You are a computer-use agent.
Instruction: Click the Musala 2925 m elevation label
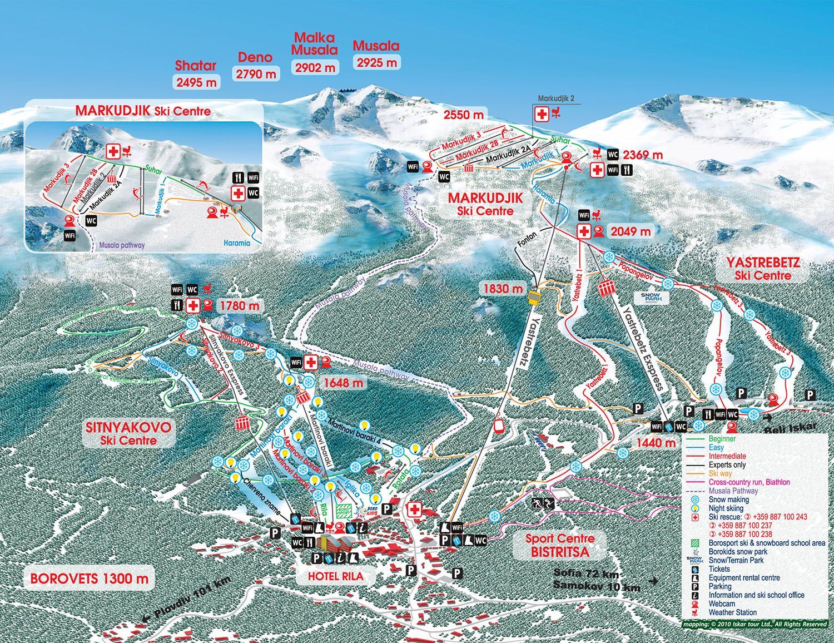[377, 62]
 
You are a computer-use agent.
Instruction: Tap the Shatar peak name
[195, 66]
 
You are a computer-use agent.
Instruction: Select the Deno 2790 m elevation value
[256, 73]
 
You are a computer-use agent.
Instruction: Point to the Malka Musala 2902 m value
[315, 67]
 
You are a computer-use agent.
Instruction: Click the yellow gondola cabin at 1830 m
[534, 299]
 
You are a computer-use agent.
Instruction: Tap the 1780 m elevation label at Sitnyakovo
[240, 305]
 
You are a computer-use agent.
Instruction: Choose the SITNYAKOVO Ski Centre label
[128, 434]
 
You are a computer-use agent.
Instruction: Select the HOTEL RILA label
[335, 577]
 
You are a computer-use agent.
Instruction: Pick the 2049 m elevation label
[631, 231]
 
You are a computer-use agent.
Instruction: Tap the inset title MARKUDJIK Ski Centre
[143, 111]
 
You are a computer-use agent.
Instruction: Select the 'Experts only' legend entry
[727, 465]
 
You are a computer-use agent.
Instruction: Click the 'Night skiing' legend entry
[726, 508]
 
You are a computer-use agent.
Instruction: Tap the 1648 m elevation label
[343, 383]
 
